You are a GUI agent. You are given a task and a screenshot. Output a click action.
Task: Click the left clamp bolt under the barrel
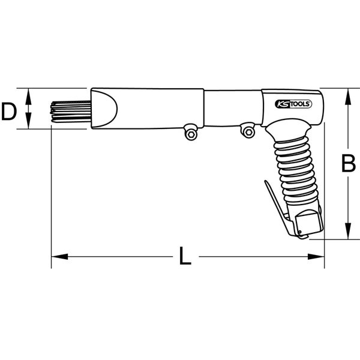191,133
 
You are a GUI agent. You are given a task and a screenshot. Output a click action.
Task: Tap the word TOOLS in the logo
298,104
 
